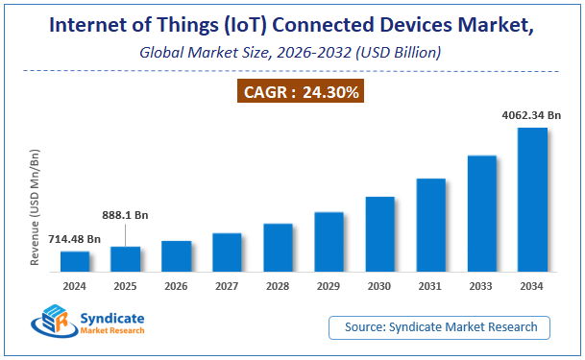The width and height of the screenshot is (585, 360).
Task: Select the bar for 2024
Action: [x=75, y=260]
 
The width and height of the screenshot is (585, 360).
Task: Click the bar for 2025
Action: [x=125, y=258]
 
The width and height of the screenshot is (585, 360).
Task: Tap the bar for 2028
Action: [x=278, y=247]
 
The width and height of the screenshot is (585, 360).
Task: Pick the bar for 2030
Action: [x=379, y=233]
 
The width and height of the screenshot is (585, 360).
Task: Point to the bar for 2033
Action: [x=481, y=212]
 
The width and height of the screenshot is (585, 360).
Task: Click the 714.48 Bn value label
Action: [x=74, y=238]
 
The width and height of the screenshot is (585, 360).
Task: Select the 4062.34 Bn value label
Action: [x=531, y=114]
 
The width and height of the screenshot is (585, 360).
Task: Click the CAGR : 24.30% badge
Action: [x=293, y=93]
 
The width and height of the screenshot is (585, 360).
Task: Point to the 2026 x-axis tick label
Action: [x=176, y=285]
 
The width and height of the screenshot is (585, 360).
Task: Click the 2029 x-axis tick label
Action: [x=329, y=285]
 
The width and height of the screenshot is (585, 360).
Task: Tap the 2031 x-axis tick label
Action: [x=430, y=285]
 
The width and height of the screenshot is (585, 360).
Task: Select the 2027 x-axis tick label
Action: [x=227, y=285]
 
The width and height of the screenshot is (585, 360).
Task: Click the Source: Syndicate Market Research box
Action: [x=440, y=327]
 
